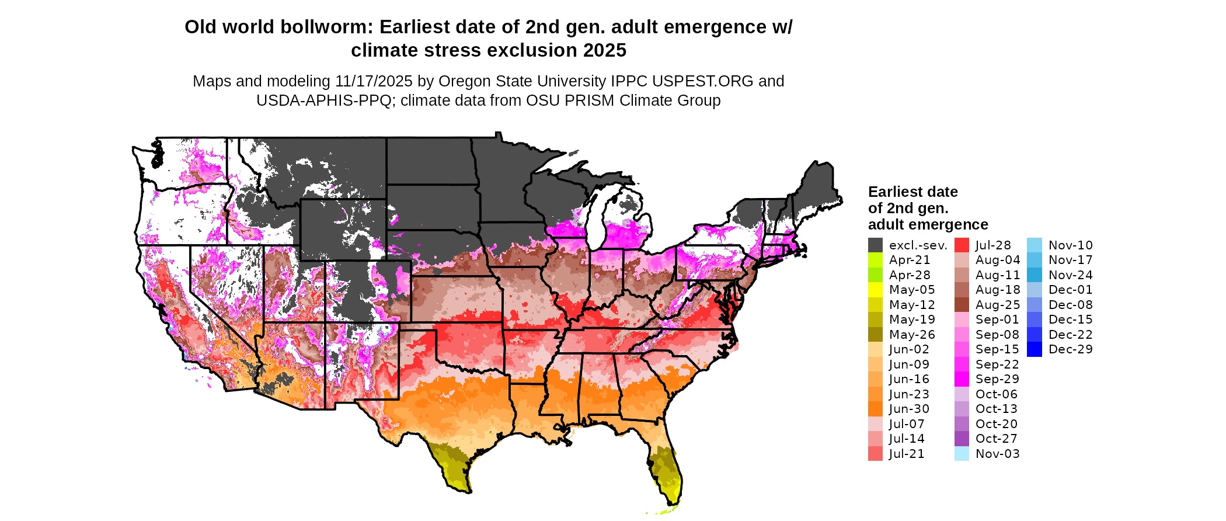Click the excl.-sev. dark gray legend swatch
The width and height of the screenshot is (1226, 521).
875,245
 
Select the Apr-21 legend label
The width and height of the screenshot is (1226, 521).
910,260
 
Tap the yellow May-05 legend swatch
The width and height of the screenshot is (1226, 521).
875,290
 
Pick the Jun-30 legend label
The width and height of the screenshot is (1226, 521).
910,409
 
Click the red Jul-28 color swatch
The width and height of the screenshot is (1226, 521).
962,245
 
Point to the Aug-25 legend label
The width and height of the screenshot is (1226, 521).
998,305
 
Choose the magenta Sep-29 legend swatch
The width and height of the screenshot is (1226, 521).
962,379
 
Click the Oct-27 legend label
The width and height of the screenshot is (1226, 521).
997,439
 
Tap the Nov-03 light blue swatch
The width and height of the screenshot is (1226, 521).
962,454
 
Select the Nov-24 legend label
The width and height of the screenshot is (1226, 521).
1071,275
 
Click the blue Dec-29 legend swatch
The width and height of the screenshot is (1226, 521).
1034,349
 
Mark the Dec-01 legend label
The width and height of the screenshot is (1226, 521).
1071,290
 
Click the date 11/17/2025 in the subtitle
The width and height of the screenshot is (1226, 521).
374,81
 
